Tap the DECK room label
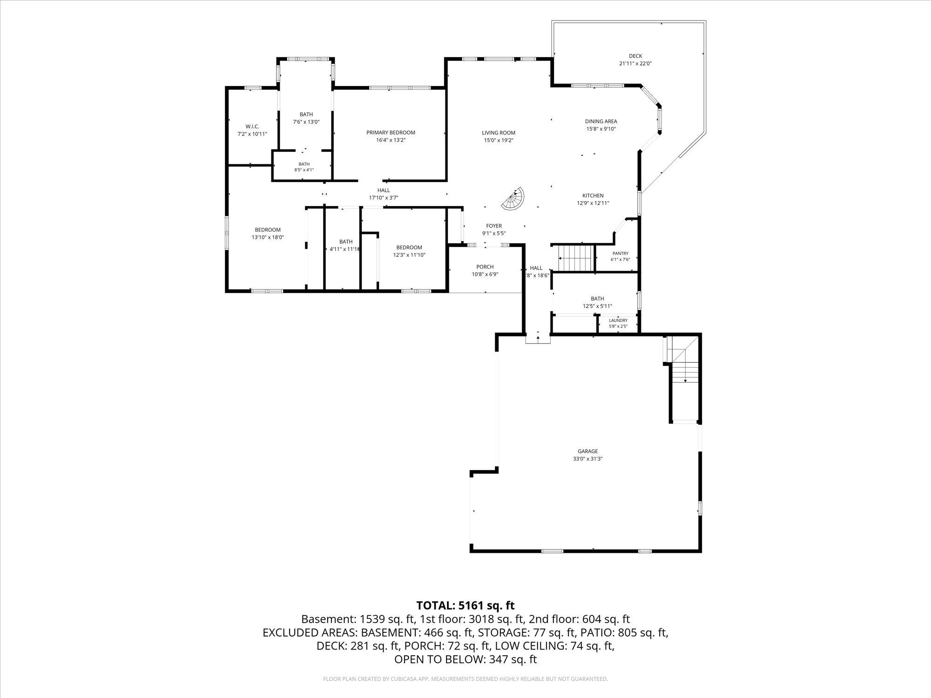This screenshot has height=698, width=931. [x=635, y=56]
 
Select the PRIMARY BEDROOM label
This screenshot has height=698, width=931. [x=391, y=133]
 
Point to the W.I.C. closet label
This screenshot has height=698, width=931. [x=252, y=127]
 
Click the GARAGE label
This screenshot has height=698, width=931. [x=588, y=451]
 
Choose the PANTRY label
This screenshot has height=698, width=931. [x=621, y=254]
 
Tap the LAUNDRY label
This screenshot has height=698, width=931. [x=618, y=321]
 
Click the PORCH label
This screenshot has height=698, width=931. [x=485, y=267]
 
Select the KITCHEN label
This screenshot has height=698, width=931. [x=593, y=196]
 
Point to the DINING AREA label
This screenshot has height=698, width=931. [x=601, y=121]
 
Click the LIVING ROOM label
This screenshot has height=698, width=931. [x=499, y=133]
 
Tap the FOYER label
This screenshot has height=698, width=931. [x=494, y=226]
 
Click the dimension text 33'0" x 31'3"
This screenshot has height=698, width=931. [x=588, y=459]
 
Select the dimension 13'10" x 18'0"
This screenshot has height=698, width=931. [x=268, y=237]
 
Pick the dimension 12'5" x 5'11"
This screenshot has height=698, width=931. [x=597, y=306]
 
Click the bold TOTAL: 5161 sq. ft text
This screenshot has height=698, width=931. [x=465, y=605]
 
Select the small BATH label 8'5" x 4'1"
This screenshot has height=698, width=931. [x=304, y=164]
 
